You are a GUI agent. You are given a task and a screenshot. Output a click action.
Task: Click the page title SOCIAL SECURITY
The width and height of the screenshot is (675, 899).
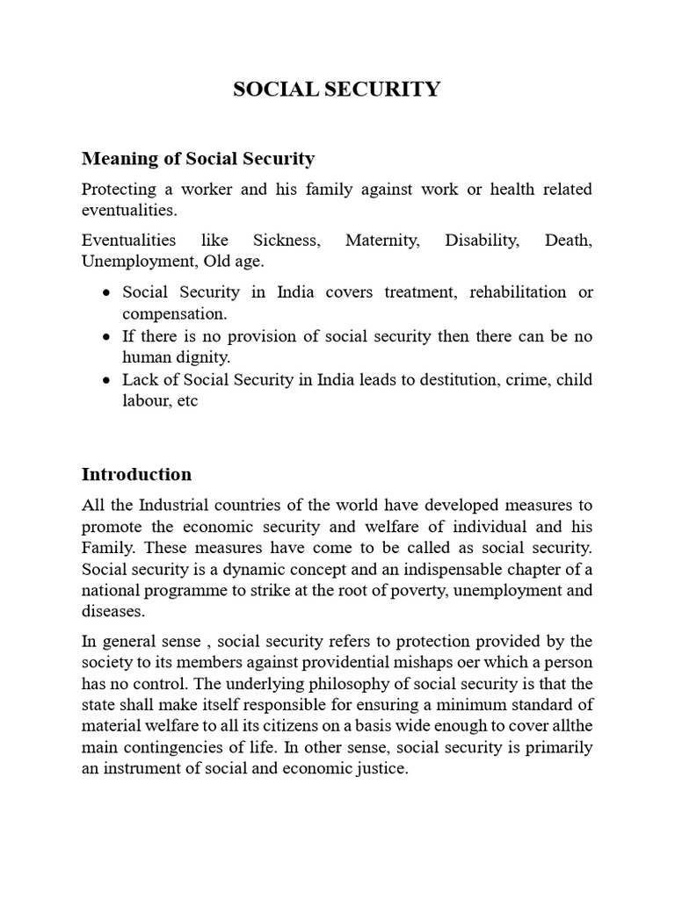tap(337, 90)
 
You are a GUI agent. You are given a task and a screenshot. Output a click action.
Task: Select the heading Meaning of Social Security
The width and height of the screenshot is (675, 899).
tap(198, 159)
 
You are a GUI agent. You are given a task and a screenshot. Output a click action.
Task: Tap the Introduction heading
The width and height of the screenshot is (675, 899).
tap(136, 474)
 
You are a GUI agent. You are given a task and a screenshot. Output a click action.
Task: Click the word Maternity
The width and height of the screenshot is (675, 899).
tap(381, 240)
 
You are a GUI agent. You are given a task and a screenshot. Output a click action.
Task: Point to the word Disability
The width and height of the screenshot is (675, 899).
tap(481, 240)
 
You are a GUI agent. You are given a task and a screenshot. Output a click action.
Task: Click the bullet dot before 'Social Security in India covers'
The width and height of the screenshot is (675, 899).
tap(106, 292)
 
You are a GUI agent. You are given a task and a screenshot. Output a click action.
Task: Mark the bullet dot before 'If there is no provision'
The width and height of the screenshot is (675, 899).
tap(106, 336)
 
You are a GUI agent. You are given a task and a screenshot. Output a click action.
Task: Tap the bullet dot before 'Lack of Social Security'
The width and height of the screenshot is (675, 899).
tap(106, 380)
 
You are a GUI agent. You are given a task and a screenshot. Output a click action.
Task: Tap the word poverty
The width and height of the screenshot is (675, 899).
tap(416, 589)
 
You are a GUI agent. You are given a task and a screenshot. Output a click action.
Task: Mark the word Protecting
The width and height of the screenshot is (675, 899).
tap(118, 189)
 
